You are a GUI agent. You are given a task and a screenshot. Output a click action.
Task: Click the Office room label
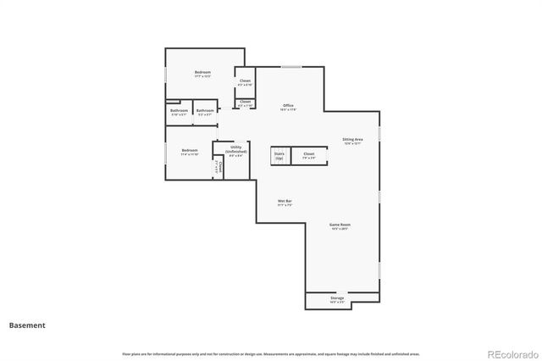point(288,107)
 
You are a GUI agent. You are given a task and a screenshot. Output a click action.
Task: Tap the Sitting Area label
point(352,141)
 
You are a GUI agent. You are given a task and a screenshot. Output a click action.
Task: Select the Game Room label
point(340,226)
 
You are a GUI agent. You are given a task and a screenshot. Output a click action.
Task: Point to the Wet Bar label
point(285,203)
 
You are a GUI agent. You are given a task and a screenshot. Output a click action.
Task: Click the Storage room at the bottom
point(337,300)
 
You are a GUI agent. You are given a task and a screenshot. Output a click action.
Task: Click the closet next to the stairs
point(309,156)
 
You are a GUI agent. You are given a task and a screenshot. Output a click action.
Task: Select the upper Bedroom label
point(202,74)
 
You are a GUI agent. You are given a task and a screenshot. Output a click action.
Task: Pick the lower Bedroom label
point(189,153)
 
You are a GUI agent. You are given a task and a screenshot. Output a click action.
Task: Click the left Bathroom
point(179,112)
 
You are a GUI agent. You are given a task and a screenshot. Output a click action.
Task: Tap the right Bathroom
point(205,112)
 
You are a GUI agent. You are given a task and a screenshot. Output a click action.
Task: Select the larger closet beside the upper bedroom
point(244,82)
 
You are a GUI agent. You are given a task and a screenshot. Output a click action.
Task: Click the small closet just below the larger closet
point(245,103)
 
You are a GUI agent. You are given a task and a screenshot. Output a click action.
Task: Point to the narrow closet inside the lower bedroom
point(218,167)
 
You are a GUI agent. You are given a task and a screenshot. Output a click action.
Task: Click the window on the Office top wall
point(291,67)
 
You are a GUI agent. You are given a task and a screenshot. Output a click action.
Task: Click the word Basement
point(27,325)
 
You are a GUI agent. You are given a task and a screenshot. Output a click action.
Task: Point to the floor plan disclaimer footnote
point(271,353)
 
